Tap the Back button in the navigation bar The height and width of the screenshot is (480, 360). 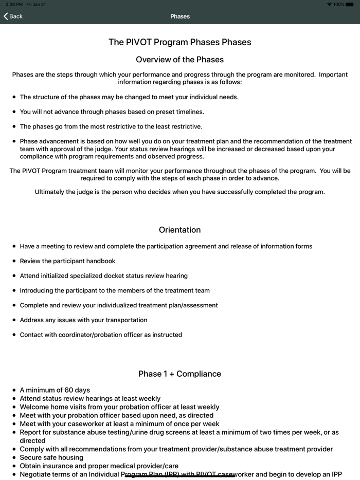point(13,16)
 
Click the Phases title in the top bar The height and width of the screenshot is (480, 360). point(180,16)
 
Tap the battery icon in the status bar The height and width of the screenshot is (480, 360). point(350,4)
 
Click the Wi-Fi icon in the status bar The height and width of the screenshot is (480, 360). point(329,4)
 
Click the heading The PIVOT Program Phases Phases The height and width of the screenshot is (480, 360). point(180,42)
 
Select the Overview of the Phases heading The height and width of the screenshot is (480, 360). point(180,60)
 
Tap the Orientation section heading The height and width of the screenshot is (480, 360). point(180,230)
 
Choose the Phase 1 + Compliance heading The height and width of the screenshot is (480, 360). point(180,374)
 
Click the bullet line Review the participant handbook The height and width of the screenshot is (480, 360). point(67,261)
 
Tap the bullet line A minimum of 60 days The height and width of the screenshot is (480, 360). point(55,390)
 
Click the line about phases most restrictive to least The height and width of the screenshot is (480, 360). point(111,126)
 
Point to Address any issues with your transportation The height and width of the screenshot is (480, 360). point(83,320)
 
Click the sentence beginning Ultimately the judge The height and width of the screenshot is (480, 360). point(180,192)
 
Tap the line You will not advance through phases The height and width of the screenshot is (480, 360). point(112,112)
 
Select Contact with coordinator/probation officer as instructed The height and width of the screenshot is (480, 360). point(101,335)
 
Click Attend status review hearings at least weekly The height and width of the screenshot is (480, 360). point(90,398)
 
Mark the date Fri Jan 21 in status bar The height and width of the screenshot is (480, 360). point(36,4)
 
